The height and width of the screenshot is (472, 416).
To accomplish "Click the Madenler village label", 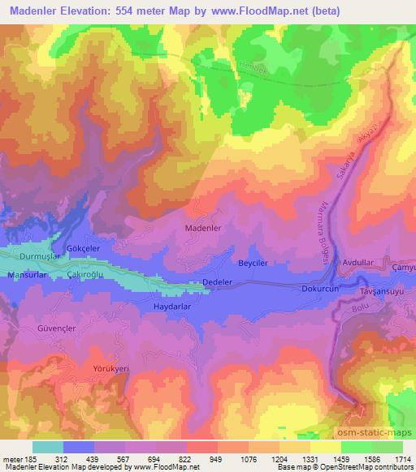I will tap(203, 230).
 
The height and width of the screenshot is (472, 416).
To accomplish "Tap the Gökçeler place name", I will tap(84, 247).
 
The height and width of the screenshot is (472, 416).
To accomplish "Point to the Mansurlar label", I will tap(28, 276).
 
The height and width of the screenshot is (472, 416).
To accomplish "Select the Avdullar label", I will tap(359, 264).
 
